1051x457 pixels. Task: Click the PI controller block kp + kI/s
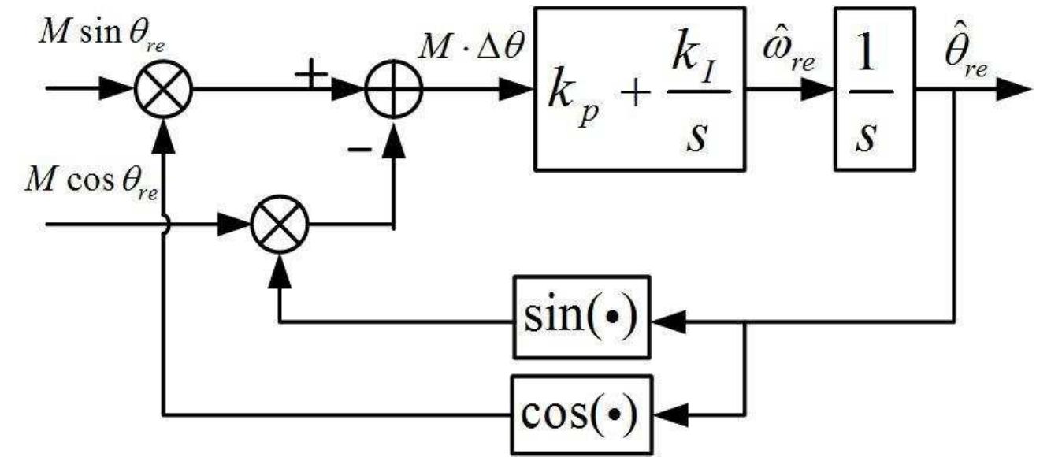coord(639,89)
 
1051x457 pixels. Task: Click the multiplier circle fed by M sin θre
coord(164,88)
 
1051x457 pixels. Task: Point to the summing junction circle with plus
coord(394,88)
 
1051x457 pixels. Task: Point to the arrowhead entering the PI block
coord(520,88)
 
